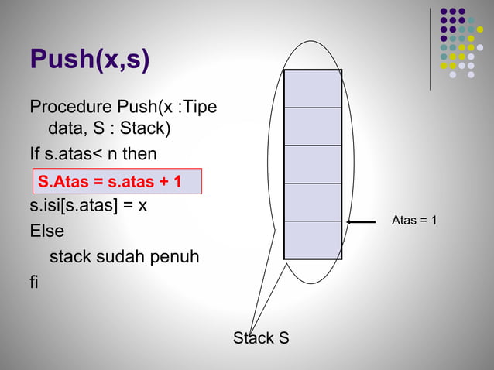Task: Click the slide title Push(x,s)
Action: [90, 60]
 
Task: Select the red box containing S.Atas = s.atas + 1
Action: [116, 181]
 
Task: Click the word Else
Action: [47, 231]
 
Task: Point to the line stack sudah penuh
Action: [124, 255]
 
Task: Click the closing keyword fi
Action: [34, 281]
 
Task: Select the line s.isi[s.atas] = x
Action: [88, 206]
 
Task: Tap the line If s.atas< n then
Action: [93, 155]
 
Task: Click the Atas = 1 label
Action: [414, 221]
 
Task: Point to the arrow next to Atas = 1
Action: [362, 221]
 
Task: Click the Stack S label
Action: [262, 338]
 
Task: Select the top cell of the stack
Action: [312, 89]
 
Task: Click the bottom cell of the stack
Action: [312, 239]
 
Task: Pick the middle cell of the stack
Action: [312, 164]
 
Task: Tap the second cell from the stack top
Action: [312, 126]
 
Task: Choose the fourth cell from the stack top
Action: [312, 202]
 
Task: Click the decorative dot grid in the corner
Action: [461, 43]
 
